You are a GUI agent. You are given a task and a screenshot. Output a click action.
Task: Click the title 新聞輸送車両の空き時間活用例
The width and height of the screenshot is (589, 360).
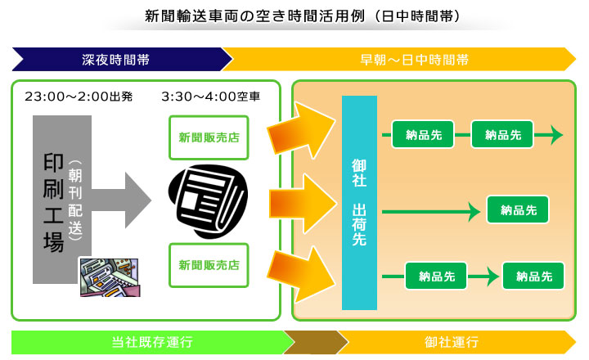(254, 16)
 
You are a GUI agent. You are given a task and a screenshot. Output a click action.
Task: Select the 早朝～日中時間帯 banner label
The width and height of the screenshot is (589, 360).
(414, 60)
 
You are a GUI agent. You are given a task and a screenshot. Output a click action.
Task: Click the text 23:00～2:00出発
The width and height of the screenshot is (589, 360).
(79, 97)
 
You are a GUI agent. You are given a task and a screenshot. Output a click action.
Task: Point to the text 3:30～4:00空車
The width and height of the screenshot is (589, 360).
(211, 97)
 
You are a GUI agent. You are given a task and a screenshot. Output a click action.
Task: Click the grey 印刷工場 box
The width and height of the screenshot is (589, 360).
(62, 199)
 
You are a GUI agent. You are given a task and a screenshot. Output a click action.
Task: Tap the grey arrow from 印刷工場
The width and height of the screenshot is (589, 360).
(121, 200)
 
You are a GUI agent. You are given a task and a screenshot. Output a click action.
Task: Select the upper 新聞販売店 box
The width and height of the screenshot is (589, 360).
(209, 137)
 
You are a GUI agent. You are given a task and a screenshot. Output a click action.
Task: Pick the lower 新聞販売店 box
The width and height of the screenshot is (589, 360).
(209, 265)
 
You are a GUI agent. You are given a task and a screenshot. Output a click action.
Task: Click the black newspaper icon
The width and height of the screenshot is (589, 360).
(208, 201)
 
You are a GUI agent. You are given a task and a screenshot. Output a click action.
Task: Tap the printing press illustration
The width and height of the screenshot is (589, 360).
(110, 277)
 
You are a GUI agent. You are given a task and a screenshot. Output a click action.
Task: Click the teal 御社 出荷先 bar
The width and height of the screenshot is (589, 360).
(359, 203)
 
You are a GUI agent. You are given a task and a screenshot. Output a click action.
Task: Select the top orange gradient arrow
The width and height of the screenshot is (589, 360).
(301, 130)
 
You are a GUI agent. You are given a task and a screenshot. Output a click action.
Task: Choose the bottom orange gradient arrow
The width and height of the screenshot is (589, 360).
(301, 273)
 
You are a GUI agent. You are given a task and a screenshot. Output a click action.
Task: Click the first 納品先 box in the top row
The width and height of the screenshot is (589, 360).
(423, 134)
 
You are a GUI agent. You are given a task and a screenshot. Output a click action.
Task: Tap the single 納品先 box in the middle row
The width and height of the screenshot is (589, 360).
(518, 209)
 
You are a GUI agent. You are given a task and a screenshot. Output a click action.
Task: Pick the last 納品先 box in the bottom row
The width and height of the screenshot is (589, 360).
(533, 277)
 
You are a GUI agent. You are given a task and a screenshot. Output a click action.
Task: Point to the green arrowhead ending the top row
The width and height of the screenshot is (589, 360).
(556, 134)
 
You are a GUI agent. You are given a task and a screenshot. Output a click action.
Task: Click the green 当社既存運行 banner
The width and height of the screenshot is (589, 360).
(152, 342)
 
